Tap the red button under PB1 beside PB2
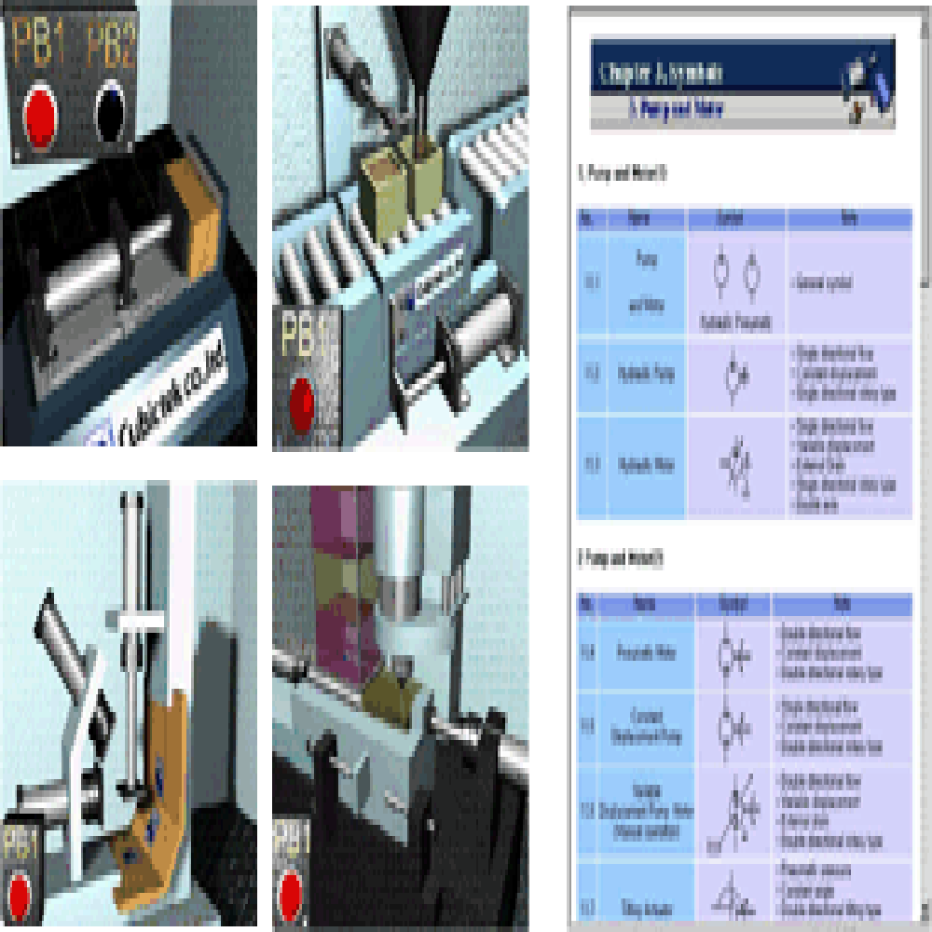(40, 117)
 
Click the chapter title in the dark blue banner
(662, 73)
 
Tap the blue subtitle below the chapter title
(676, 109)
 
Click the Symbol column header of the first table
(736, 220)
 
